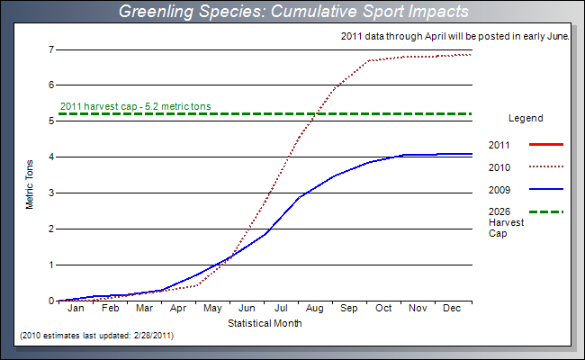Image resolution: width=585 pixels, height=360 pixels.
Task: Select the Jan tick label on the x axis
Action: (76, 309)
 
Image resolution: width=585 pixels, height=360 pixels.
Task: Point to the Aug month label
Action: (316, 309)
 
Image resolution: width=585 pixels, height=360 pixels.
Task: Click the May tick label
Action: (212, 309)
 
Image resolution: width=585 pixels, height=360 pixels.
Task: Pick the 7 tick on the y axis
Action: (50, 49)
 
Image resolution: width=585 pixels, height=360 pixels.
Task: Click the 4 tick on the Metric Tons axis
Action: (50, 157)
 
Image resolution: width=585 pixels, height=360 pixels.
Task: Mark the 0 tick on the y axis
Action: (50, 301)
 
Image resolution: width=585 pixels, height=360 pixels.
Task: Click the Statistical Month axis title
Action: (265, 322)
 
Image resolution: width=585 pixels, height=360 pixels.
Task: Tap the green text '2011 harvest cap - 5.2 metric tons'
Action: (135, 106)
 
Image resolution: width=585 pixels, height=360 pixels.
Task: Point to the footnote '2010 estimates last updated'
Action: (96, 335)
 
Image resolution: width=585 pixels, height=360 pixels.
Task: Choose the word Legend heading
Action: (526, 118)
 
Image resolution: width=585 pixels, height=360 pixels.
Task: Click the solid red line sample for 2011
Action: (547, 144)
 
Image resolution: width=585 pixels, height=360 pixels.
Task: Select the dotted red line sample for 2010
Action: (547, 166)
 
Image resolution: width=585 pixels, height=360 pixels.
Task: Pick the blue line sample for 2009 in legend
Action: (547, 189)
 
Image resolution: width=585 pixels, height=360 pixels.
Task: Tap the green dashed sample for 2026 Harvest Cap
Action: (547, 211)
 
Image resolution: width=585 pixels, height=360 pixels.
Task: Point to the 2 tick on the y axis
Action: (50, 229)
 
